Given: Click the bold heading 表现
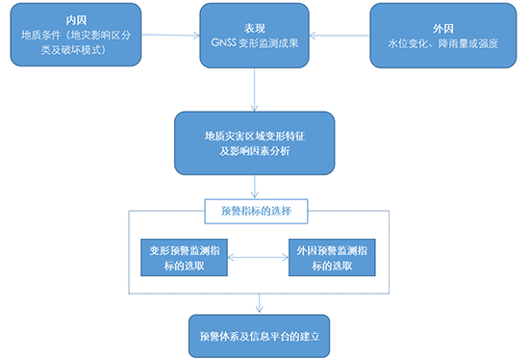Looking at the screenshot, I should (x=254, y=18).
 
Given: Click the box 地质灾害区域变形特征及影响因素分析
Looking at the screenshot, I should (x=254, y=141).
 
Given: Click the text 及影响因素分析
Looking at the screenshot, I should (x=254, y=149).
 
